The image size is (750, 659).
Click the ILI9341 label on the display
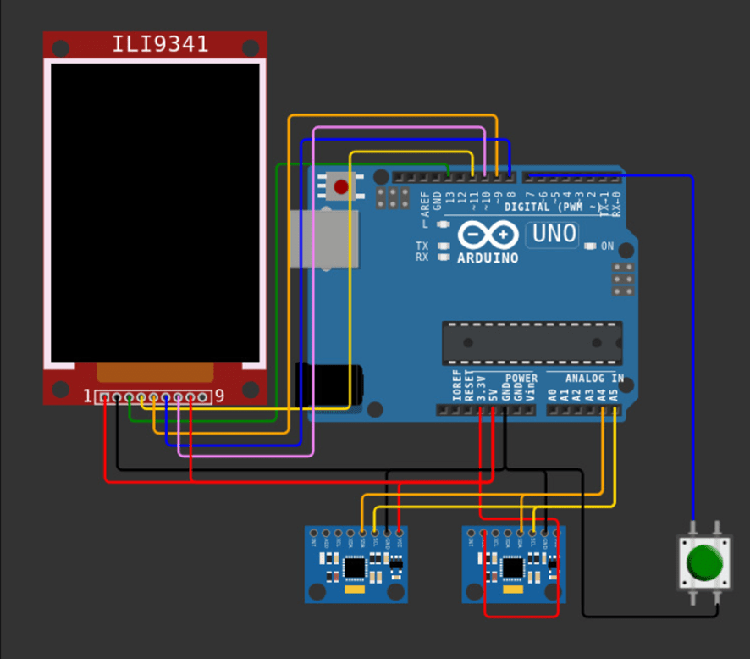coord(160,44)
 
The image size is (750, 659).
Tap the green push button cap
coord(703,562)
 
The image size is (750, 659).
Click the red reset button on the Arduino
coord(341,186)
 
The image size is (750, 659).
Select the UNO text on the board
coord(554,234)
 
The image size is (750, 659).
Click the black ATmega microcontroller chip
coord(532,343)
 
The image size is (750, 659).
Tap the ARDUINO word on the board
coord(488,258)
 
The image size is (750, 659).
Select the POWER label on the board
coord(521,378)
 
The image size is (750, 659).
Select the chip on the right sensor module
coord(512,566)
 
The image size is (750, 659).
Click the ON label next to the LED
coord(607,246)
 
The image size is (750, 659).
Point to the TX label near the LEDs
coord(422,246)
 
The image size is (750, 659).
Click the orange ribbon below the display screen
coord(154,372)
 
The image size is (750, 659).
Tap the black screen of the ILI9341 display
coord(155,212)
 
